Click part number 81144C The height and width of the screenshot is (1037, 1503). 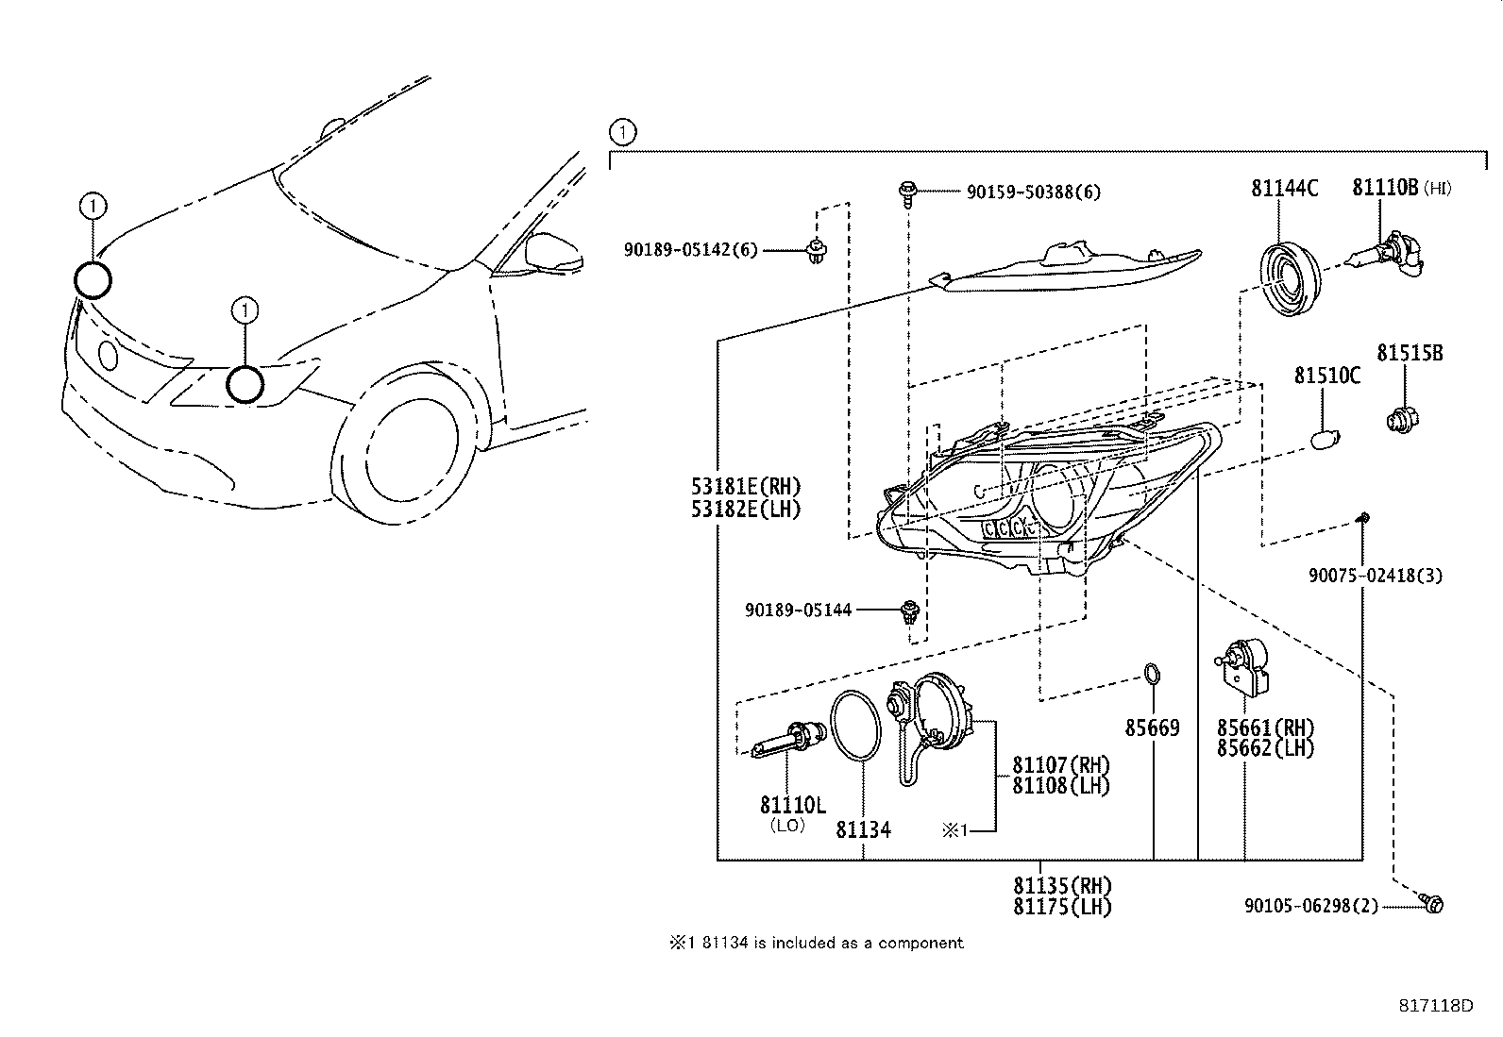click(1284, 189)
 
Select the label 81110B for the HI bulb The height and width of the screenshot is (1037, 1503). click(1385, 189)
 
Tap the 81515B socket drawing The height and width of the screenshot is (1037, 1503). click(1402, 417)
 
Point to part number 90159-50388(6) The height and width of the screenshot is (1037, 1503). click(1033, 192)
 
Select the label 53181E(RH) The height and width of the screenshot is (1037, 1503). click(746, 488)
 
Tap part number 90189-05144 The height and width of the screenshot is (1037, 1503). click(798, 610)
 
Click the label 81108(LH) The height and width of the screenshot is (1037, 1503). click(1061, 785)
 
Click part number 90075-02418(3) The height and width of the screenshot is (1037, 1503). click(1375, 576)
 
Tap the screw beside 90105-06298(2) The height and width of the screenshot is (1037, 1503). click(1432, 905)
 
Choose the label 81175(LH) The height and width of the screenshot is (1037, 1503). click(1062, 907)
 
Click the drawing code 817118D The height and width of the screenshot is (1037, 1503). click(1436, 1006)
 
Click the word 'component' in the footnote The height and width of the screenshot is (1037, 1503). click(920, 943)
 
